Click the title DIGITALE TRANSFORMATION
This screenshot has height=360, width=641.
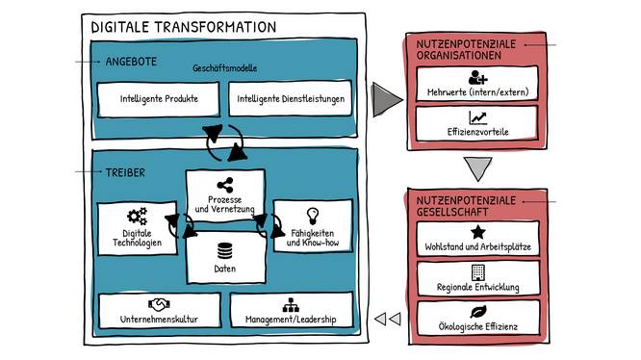coord(183,28)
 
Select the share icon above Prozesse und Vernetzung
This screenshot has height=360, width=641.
coord(225,185)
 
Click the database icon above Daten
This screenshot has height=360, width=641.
coord(225,250)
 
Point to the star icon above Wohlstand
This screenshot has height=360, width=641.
coord(477,232)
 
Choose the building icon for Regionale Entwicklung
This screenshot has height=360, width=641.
coord(477,272)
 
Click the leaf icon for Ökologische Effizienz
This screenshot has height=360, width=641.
coord(477,313)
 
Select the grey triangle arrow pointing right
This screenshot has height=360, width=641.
coord(387,98)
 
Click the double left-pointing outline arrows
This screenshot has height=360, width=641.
coord(386,319)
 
